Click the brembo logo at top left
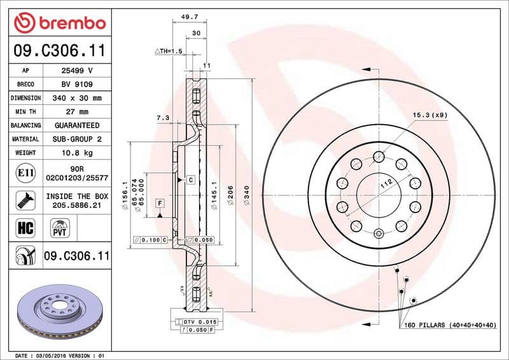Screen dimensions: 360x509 (59, 24)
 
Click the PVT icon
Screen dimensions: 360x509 (60, 227)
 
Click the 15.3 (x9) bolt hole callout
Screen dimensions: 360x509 (429, 115)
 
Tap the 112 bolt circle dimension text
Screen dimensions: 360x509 (385, 183)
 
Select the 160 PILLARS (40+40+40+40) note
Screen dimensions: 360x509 (449, 325)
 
